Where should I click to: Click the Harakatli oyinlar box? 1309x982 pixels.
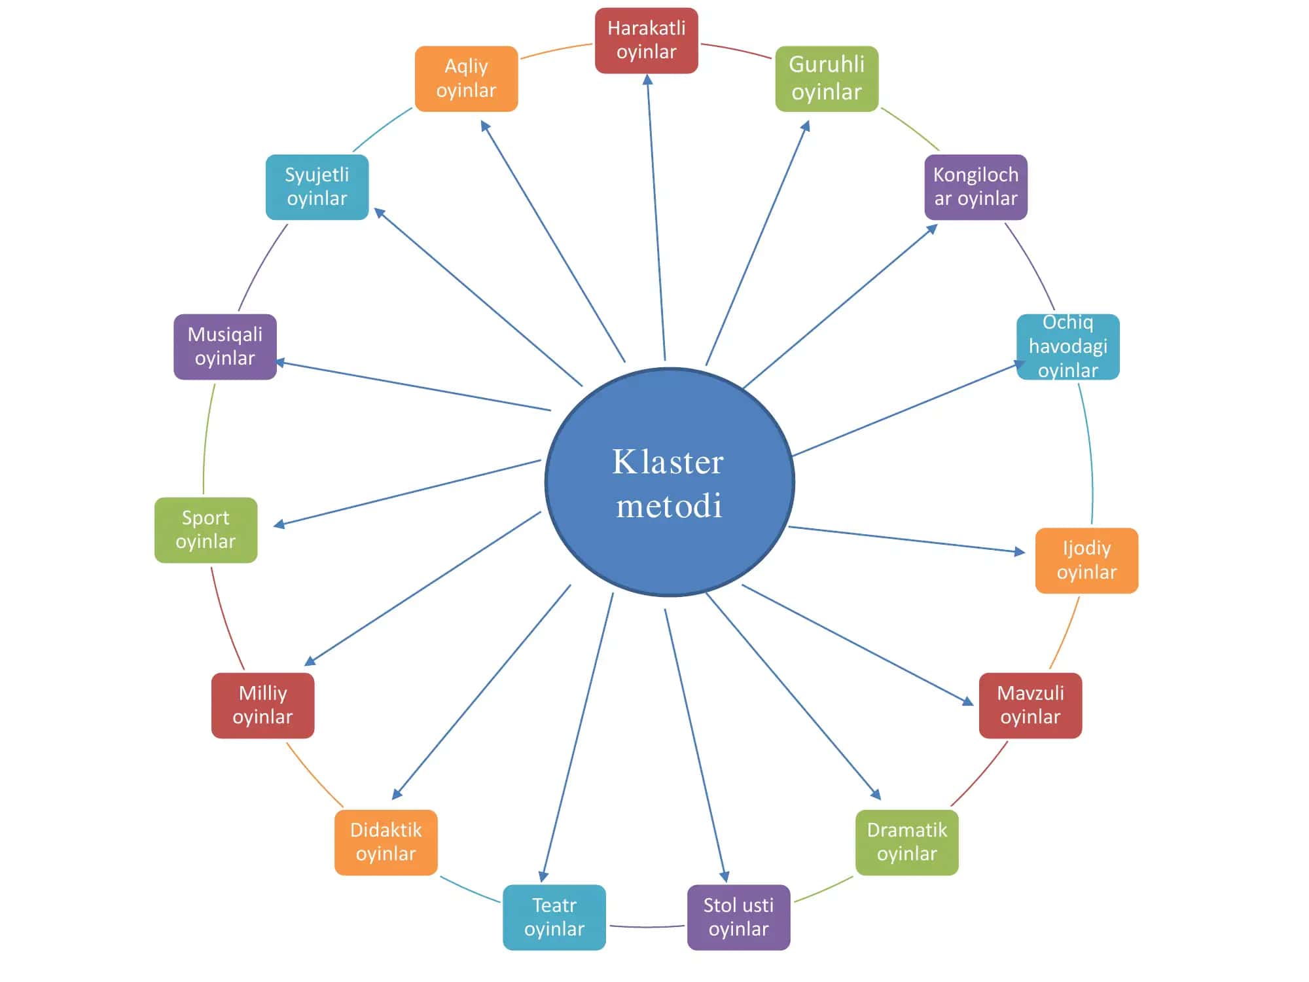point(647,41)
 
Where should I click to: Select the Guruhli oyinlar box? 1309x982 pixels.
point(827,79)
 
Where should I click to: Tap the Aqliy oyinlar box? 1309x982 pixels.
point(467,79)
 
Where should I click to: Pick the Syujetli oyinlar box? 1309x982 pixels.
point(317,187)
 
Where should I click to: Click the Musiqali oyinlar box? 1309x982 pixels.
point(225,347)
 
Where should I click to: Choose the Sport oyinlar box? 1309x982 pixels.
point(206,530)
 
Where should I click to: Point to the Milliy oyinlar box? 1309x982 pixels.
point(263,706)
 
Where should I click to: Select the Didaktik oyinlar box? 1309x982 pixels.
point(386,843)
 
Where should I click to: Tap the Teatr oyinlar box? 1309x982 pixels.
point(554,917)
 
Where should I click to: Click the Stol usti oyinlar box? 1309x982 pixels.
point(739,917)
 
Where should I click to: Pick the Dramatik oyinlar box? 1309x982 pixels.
point(907,843)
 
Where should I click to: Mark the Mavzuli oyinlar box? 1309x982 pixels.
point(1031,706)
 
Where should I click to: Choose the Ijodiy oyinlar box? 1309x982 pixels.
point(1087,560)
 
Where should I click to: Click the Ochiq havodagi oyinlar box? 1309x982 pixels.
point(1068,347)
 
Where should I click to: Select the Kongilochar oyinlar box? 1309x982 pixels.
point(976,187)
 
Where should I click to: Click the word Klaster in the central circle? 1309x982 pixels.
point(668,462)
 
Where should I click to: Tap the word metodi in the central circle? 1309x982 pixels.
point(670,505)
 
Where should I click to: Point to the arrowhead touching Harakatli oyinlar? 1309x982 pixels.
point(648,80)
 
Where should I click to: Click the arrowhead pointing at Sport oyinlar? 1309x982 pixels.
point(279,524)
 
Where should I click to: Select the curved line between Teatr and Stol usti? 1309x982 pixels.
point(647,927)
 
